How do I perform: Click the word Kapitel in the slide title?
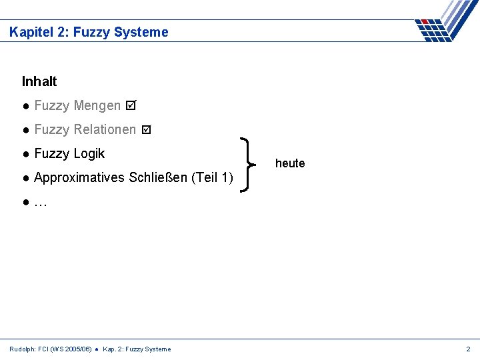[x=29, y=32]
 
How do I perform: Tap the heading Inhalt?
[x=39, y=81]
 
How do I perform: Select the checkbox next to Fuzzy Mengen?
[x=131, y=105]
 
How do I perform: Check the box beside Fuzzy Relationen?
[x=147, y=129]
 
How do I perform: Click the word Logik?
[x=89, y=153]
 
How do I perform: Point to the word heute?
[x=290, y=163]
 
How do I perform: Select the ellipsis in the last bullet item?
[x=40, y=203]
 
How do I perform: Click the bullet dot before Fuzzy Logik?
[x=25, y=154]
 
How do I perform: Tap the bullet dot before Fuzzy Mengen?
[x=25, y=106]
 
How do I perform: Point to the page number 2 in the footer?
[x=468, y=349]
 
